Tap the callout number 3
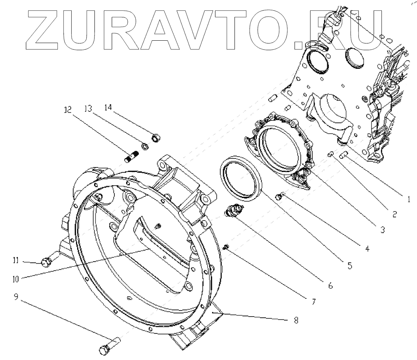pyautogui.click(x=382, y=230)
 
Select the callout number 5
pyautogui.click(x=350, y=266)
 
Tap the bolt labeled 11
pyautogui.click(x=45, y=261)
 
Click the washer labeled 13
pyautogui.click(x=145, y=147)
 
